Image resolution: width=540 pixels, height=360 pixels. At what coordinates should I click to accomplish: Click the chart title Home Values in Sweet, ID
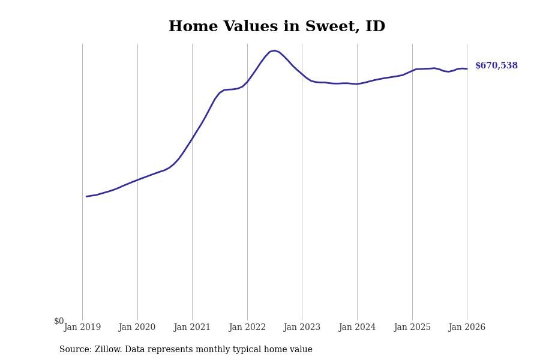point(277,27)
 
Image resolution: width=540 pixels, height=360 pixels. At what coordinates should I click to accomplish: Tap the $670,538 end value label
point(496,66)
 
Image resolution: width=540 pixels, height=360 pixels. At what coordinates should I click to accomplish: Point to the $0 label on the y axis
point(59,322)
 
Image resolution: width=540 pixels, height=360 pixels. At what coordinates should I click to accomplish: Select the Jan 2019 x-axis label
point(82,328)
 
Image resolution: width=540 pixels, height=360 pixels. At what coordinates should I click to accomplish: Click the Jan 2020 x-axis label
point(137,328)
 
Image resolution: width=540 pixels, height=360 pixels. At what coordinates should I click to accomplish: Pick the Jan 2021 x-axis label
point(192,328)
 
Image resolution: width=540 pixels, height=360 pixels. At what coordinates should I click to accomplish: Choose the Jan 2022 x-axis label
point(247,328)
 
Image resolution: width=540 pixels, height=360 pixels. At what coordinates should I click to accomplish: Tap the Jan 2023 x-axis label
point(302,328)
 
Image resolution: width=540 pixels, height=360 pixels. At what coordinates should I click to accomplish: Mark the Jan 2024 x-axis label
point(357,328)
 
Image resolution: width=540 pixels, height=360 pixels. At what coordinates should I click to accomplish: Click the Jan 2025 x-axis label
point(412,328)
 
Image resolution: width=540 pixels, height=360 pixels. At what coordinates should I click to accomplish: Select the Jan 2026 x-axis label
point(467,328)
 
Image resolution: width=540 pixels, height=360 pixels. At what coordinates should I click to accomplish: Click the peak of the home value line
point(274,50)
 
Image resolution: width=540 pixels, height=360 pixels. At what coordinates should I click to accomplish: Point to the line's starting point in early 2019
point(86,196)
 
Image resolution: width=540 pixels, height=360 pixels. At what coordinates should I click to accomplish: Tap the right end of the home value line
point(467,69)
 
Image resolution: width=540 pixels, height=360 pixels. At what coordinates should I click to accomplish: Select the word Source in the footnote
point(74,350)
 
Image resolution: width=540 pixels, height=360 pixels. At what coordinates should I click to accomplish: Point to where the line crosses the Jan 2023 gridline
point(302,74)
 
